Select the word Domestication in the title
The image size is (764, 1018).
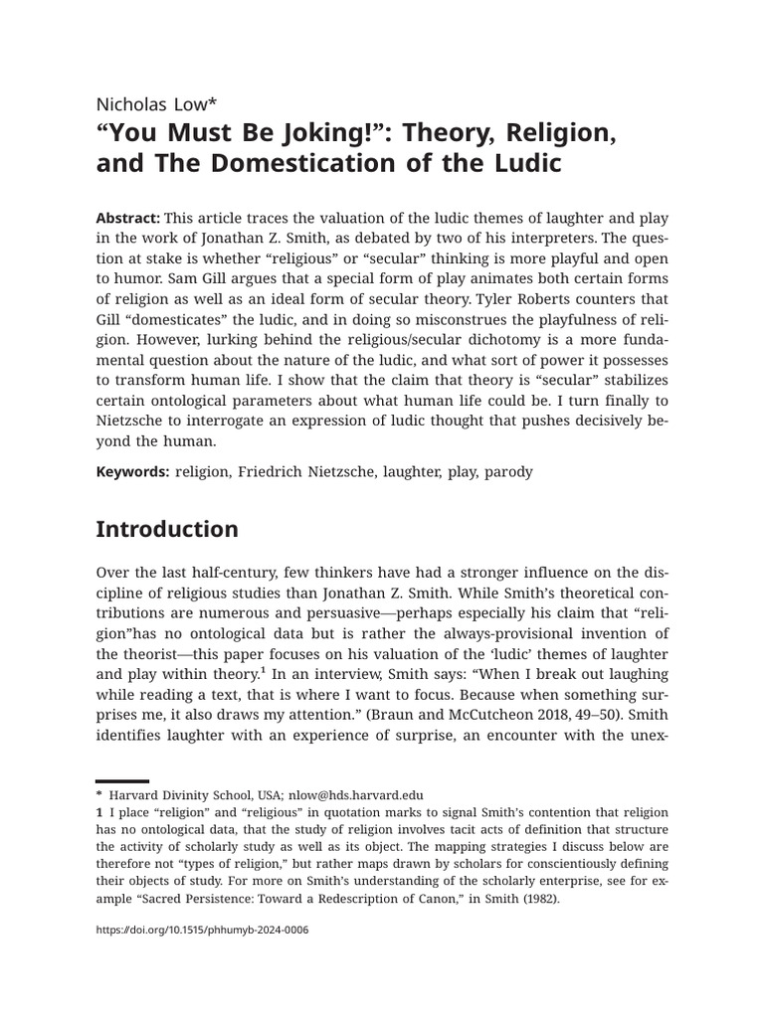(290, 164)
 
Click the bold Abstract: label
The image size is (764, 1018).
(127, 218)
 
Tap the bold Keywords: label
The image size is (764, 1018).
(132, 472)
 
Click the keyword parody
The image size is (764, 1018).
(508, 472)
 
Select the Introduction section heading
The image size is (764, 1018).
(167, 530)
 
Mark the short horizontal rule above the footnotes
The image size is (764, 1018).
(122, 781)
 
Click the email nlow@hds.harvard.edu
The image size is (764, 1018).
(356, 795)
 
